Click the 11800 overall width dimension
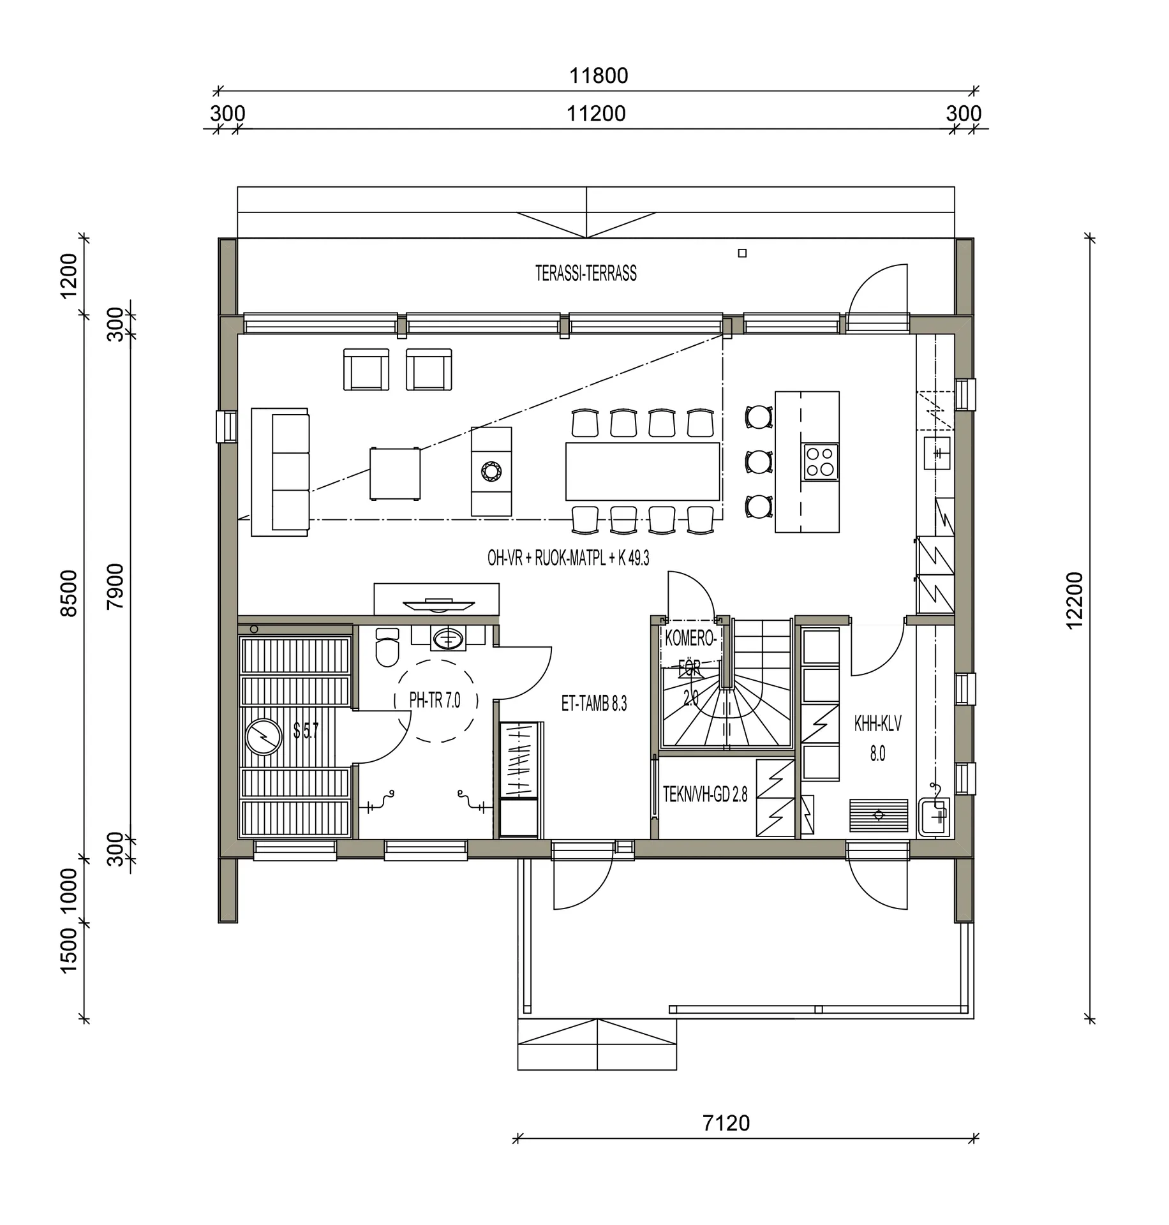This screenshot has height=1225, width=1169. (599, 76)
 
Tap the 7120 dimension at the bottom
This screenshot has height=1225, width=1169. (726, 1123)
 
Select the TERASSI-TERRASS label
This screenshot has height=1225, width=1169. (586, 273)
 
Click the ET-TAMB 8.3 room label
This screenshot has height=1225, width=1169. (594, 704)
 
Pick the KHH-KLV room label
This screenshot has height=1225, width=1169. (877, 724)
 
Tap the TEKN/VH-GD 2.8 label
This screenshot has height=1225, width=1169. (704, 794)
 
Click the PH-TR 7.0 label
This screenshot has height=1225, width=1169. (435, 701)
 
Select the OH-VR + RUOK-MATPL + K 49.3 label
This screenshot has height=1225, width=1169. (568, 558)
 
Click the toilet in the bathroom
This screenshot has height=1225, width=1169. (387, 646)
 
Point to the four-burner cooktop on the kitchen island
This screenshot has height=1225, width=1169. (821, 462)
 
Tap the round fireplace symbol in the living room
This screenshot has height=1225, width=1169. (491, 472)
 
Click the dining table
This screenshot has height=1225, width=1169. (643, 471)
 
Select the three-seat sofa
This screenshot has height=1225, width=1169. (280, 472)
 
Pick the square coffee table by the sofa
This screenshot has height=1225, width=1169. (395, 473)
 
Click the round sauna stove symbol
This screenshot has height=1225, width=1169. (263, 738)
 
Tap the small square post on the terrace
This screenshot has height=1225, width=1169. (742, 253)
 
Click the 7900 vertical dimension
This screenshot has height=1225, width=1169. (115, 586)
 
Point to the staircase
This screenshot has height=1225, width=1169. (726, 683)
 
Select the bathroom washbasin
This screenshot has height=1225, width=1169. (447, 638)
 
